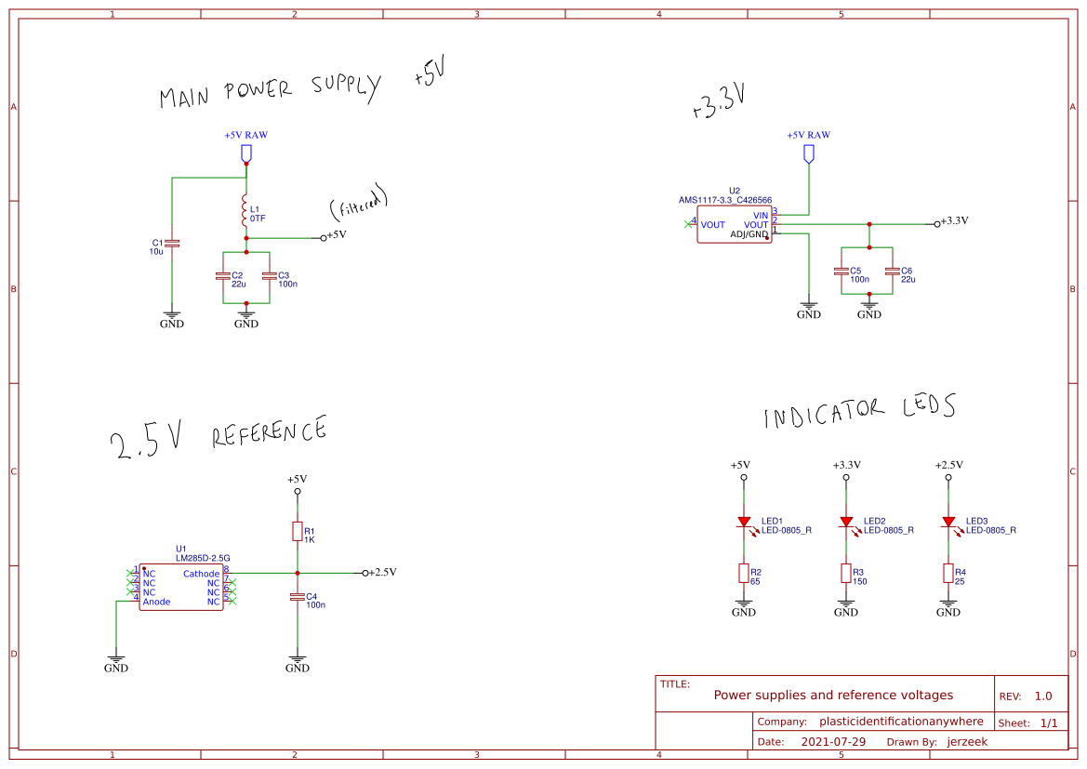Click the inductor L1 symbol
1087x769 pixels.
[x=245, y=212]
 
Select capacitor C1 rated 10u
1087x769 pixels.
[x=172, y=244]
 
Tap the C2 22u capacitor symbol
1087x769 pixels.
[x=222, y=276]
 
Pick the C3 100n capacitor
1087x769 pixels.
[x=269, y=276]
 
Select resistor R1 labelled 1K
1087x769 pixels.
[x=298, y=531]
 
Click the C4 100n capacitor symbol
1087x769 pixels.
[x=298, y=597]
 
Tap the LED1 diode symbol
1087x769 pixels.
[x=744, y=524]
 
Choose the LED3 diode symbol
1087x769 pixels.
[x=948, y=524]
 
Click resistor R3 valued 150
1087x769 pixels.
[x=846, y=574]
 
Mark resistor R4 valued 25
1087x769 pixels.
[x=948, y=574]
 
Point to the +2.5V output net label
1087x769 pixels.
[x=381, y=573]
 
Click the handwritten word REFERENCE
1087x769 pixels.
[x=270, y=433]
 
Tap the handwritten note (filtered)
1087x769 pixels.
[x=358, y=204]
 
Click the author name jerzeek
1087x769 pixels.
[x=967, y=742]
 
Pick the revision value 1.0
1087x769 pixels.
[x=1043, y=696]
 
